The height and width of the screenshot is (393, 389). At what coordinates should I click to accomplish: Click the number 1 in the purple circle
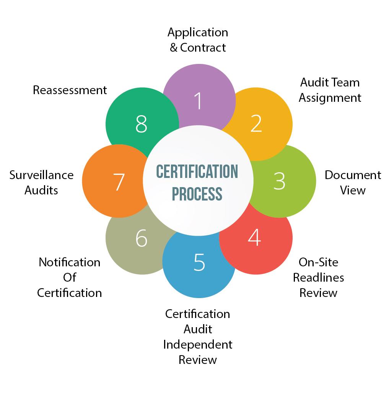pos(198,101)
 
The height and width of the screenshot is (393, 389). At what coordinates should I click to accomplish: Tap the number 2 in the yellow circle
pos(256,123)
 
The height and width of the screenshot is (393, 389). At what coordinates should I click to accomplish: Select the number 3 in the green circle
pos(280,181)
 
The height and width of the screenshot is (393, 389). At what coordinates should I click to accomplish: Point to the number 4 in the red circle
pos(254,237)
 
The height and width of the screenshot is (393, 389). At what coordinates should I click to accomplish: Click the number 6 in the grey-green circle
pos(142,238)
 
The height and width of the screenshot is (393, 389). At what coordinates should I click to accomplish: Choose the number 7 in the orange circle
pos(119,182)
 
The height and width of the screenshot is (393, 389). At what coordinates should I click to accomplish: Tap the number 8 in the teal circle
pos(142,124)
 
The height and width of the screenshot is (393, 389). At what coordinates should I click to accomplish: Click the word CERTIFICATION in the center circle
pos(197,172)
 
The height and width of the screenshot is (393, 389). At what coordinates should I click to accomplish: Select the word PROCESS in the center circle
pos(197,194)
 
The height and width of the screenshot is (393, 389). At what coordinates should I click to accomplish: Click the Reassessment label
pos(70,90)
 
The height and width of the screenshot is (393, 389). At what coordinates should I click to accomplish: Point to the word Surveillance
pos(41,175)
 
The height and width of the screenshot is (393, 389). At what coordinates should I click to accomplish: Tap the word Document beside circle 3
pos(353,175)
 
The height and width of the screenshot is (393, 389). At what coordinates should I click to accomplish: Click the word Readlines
pos(318,277)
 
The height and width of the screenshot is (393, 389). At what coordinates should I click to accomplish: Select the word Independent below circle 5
pos(198,344)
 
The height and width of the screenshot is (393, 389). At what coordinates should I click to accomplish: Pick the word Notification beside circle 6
pos(69,262)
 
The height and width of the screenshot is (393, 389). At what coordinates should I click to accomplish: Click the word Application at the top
pos(198,32)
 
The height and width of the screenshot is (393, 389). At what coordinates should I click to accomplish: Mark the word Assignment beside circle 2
pos(330,98)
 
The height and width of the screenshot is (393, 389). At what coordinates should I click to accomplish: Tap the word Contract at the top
pos(203,47)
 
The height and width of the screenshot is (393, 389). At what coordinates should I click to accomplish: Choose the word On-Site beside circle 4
pos(318,262)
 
